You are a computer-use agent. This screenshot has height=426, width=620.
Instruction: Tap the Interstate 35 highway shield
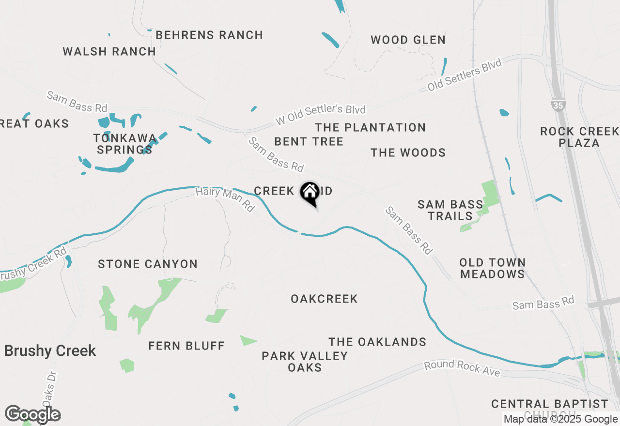coord(558,105)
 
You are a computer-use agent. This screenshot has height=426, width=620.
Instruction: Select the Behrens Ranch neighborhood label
coord(209,35)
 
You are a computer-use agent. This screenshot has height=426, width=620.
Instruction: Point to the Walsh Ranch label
coord(109,51)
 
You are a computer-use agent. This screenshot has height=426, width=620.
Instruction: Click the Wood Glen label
coord(408,40)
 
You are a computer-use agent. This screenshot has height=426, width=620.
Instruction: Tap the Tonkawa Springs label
coord(125,144)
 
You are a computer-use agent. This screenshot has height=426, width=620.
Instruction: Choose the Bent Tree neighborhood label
coord(309,141)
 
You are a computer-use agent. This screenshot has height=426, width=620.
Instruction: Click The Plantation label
coord(370,127)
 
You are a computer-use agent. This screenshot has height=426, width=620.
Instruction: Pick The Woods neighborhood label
coord(408,152)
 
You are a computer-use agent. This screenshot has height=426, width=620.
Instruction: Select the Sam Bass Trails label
coord(450,210)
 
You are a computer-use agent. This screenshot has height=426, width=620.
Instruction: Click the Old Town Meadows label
coord(492,268)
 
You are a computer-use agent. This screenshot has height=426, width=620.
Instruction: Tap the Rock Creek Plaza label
coord(579,137)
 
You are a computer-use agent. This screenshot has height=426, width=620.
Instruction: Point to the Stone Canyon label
coord(148,264)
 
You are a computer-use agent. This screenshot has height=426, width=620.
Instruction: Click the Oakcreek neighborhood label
coord(324,299)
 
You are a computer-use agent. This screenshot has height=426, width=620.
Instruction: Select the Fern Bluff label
coord(186,346)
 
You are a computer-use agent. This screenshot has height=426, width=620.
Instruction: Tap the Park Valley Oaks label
coord(305,362)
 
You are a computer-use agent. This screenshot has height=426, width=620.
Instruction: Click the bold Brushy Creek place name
coord(50,351)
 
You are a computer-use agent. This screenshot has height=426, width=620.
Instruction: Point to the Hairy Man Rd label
coord(225,199)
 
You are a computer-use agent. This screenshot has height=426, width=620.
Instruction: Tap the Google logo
coord(32,415)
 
